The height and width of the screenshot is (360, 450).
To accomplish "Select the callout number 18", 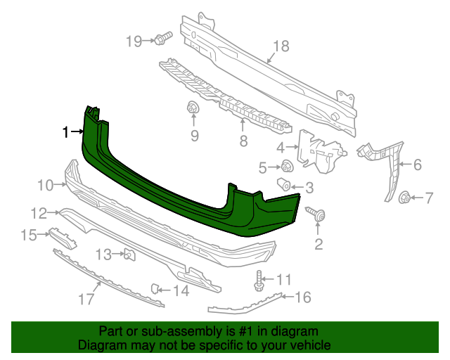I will click(281, 46).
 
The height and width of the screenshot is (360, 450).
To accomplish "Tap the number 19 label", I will click(134, 41).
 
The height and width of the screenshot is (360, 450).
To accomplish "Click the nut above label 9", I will click(192, 109).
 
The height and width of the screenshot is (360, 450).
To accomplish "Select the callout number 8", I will click(243, 142).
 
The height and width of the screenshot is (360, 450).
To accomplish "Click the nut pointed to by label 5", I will click(287, 167).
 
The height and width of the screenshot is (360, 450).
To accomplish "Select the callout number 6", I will click(417, 165).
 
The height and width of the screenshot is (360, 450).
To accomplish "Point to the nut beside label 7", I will click(405, 198).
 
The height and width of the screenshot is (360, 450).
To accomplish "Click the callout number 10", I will click(46, 186).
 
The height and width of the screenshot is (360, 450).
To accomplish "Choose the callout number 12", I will click(39, 212).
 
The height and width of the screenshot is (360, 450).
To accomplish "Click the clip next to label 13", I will click(129, 255).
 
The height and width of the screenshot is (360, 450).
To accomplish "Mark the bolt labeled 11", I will click(259, 281).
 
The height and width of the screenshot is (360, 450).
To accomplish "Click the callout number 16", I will click(302, 297).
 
